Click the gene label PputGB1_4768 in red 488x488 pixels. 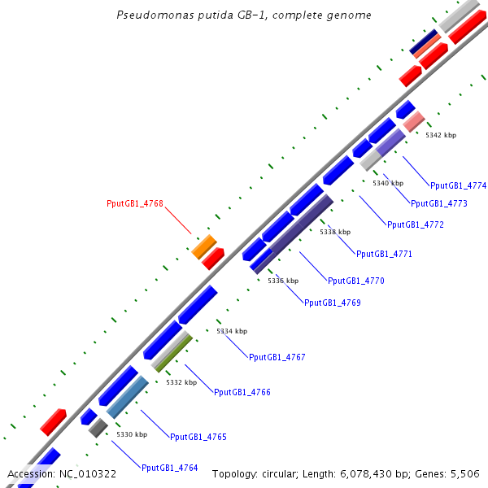click(135, 203)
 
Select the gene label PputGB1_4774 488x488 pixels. click(458, 185)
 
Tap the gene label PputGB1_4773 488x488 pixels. click(439, 203)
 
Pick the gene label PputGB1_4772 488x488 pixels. click(415, 224)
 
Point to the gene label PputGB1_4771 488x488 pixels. click(384, 254)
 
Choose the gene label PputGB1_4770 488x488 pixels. click(355, 281)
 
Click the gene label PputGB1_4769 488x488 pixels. click(332, 303)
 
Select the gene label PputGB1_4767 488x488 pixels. click(277, 357)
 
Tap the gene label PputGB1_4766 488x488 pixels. click(242, 392)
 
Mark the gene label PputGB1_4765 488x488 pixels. click(198, 437)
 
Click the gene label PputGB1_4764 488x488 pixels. click(169, 468)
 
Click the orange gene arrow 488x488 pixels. click(203, 246)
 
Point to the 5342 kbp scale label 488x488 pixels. click(441, 135)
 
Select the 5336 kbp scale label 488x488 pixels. click(283, 281)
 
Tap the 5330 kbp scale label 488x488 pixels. click(132, 434)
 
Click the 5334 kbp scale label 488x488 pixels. click(232, 331)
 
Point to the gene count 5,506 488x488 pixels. click(464, 473)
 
